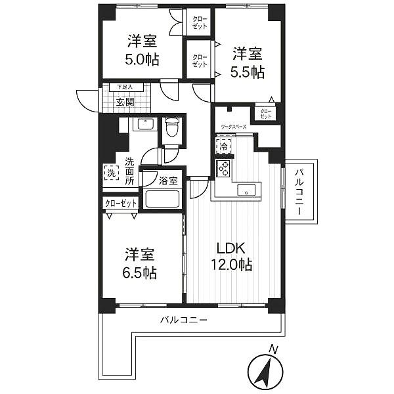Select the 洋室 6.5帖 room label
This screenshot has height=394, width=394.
141,263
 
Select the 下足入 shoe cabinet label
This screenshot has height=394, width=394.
124,87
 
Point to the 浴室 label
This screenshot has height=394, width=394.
167,180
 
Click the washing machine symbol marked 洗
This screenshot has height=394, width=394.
110,174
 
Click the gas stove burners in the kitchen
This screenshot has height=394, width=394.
222,168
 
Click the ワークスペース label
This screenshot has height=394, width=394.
234,125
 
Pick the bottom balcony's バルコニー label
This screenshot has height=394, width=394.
185,321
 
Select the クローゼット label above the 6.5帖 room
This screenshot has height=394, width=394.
120,204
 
